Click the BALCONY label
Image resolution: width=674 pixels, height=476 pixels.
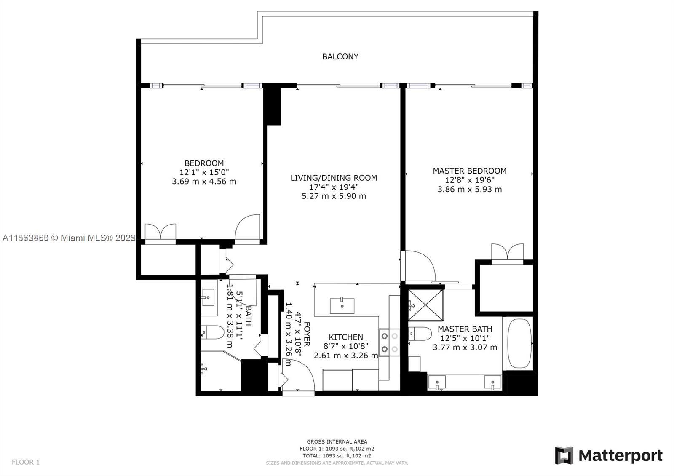pyautogui.click(x=340, y=56)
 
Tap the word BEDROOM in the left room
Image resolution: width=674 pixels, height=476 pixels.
pyautogui.click(x=204, y=163)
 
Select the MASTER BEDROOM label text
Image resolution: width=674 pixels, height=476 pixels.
pyautogui.click(x=469, y=171)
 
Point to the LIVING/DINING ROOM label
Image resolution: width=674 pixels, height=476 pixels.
pyautogui.click(x=334, y=178)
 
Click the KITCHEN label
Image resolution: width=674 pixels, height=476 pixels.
pyautogui.click(x=345, y=337)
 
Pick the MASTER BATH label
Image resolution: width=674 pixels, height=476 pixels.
pyautogui.click(x=465, y=329)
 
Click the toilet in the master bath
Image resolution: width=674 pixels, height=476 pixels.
pyautogui.click(x=420, y=334)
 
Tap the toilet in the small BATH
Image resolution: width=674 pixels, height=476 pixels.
pyautogui.click(x=213, y=332)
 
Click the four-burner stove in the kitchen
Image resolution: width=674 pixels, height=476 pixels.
pyautogui.click(x=389, y=342)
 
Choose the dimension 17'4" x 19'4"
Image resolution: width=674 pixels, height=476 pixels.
pyautogui.click(x=334, y=187)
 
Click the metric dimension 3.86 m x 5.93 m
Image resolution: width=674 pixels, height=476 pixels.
pyautogui.click(x=469, y=189)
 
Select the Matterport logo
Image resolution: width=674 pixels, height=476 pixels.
pyautogui.click(x=608, y=455)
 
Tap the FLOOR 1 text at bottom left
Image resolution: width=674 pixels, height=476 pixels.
pyautogui.click(x=26, y=462)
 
